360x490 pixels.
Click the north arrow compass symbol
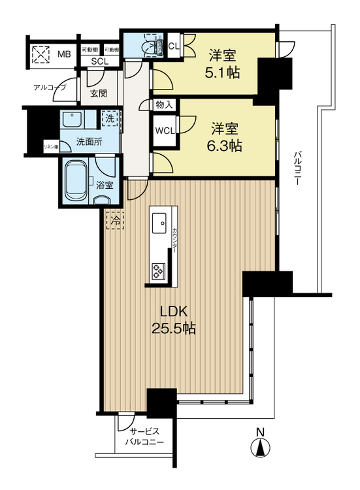coord(260,449)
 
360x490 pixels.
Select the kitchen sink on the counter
coord(159,225)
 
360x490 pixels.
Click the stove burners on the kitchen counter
coord(159,268)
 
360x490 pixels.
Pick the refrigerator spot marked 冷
coord(114,221)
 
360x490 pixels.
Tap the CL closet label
coord(174,46)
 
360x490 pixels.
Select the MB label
coord(63,54)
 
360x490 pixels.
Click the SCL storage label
coord(99,61)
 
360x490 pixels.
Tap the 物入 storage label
coord(163,104)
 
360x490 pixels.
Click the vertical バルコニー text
coord(297,169)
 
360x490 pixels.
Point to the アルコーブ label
coord(50,87)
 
